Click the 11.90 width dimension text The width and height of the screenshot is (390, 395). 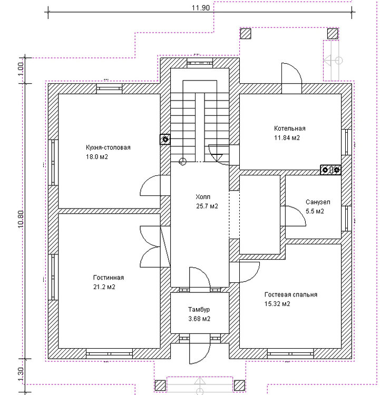(200, 8)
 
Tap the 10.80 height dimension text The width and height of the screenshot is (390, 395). (21, 219)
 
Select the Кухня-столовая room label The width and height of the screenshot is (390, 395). (108, 147)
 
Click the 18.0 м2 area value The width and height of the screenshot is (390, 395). (97, 157)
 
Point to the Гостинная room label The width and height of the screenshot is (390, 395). (109, 278)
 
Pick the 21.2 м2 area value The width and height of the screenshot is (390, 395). (104, 287)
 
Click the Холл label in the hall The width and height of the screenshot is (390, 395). (203, 197)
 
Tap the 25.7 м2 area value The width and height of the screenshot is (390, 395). (207, 206)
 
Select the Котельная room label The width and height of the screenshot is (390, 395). (290, 129)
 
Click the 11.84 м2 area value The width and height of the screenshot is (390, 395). (287, 138)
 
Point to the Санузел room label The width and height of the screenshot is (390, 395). (318, 202)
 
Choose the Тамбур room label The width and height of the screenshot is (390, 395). (199, 309)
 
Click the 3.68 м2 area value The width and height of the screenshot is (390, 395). (199, 319)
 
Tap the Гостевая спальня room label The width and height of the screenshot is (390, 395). (291, 294)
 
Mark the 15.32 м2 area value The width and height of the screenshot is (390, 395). (277, 304)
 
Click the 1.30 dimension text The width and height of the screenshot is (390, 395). (21, 374)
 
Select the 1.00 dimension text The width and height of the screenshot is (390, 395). (21, 69)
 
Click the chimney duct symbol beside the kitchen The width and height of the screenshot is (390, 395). (165, 139)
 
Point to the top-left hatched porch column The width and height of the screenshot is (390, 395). (245, 34)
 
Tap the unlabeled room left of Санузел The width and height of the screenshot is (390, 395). (260, 215)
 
